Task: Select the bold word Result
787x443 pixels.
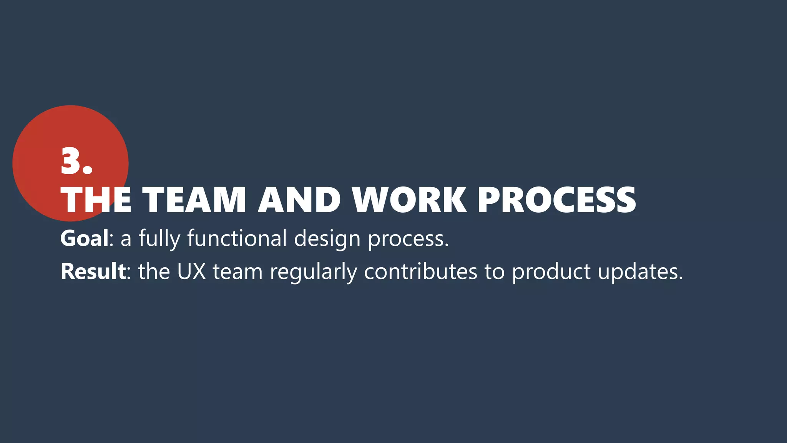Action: [x=93, y=271]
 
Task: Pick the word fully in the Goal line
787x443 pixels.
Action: [x=159, y=239]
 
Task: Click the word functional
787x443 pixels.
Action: [x=237, y=238]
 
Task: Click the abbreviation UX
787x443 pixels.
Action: [x=191, y=271]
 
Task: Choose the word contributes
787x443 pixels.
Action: [x=420, y=271]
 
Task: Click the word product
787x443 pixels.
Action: [x=551, y=272]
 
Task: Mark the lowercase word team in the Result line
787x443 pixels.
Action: [x=237, y=271]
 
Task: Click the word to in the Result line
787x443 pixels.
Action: [x=494, y=271]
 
